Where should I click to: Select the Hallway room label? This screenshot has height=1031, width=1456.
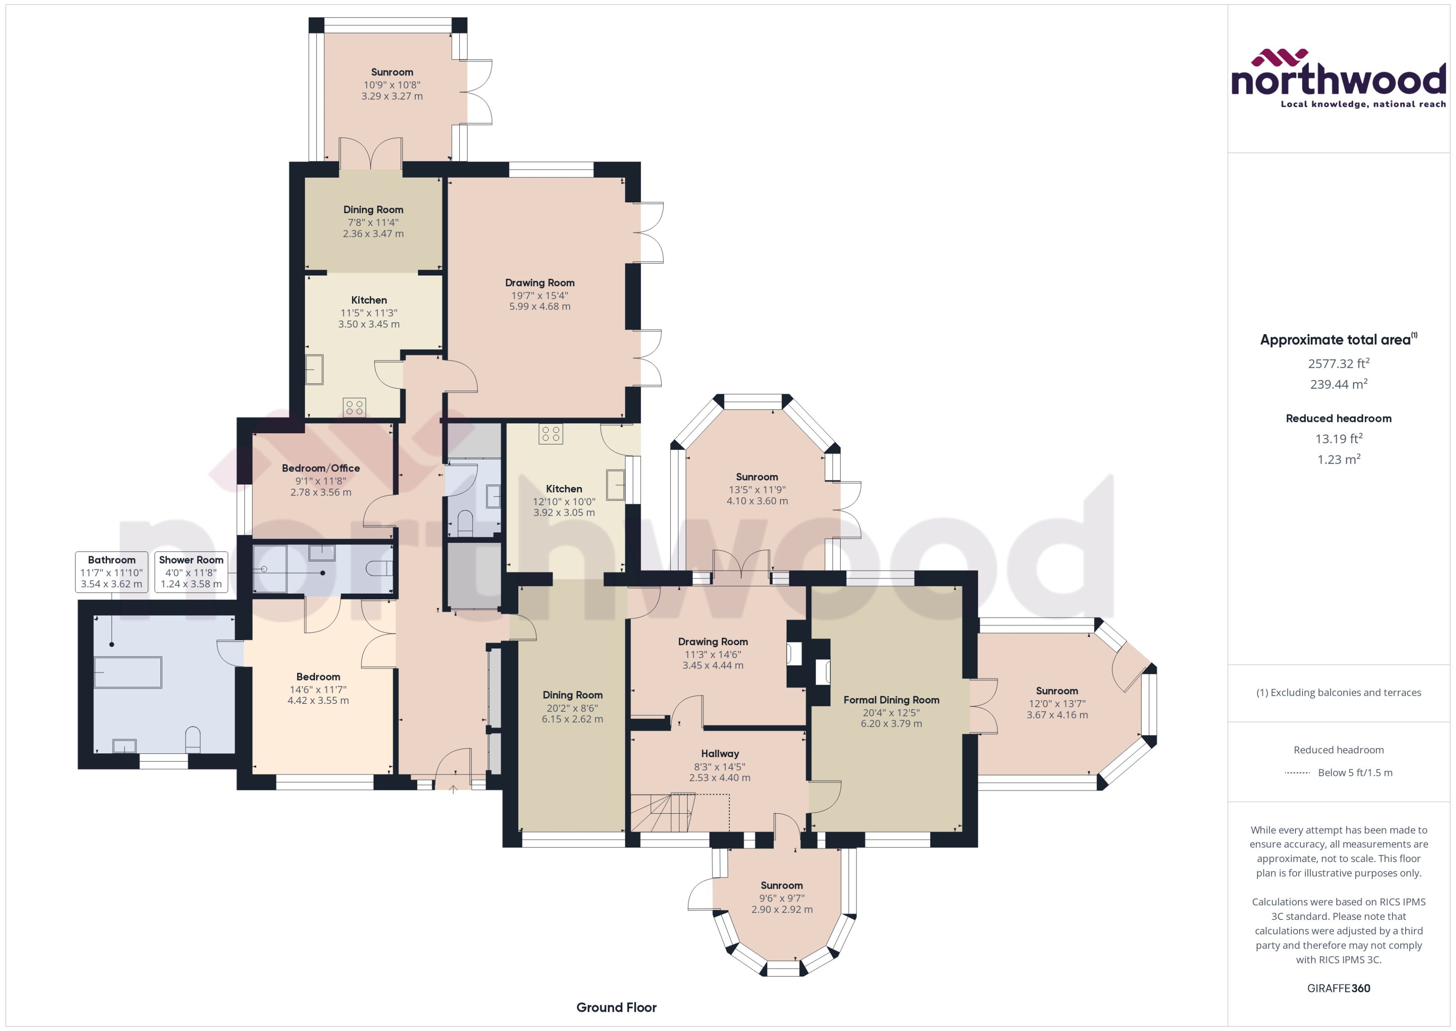(x=719, y=753)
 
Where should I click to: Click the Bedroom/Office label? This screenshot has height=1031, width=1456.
(x=320, y=468)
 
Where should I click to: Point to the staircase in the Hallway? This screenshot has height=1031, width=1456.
(x=663, y=812)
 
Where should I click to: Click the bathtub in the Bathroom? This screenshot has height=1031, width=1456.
(x=128, y=672)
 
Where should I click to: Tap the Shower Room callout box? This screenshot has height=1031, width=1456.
(x=191, y=571)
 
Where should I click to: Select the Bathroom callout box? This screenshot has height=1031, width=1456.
(x=111, y=571)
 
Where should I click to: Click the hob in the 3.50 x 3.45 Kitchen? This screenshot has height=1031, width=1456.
(x=354, y=407)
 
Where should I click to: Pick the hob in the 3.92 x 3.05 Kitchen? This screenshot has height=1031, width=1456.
(x=551, y=434)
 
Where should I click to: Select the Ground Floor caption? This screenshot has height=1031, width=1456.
(x=616, y=1007)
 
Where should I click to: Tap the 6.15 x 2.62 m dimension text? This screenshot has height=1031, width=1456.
(x=572, y=719)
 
